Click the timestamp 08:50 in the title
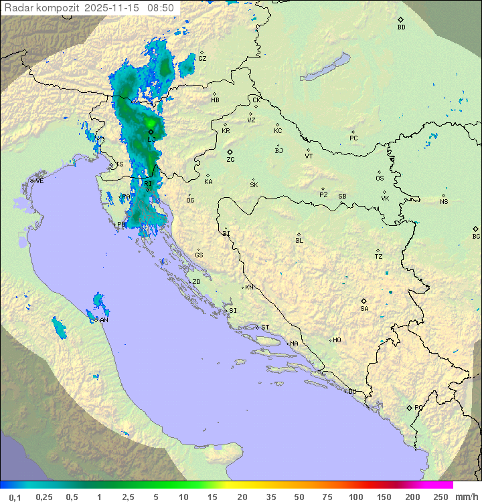tap(161, 8)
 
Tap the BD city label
tap(401, 27)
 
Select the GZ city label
tap(202, 59)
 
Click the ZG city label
tap(230, 160)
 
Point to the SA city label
tap(364, 309)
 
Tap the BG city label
tap(476, 237)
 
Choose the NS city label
tap(444, 202)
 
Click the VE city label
tap(39, 181)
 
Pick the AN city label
tap(104, 320)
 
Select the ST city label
tap(265, 328)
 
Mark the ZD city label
tap(196, 282)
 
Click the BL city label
tap(299, 241)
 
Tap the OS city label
tap(380, 178)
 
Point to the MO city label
tap(337, 340)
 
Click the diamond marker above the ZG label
tap(230, 152)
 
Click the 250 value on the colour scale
tap(440, 497)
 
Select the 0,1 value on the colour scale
tap(15, 497)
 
